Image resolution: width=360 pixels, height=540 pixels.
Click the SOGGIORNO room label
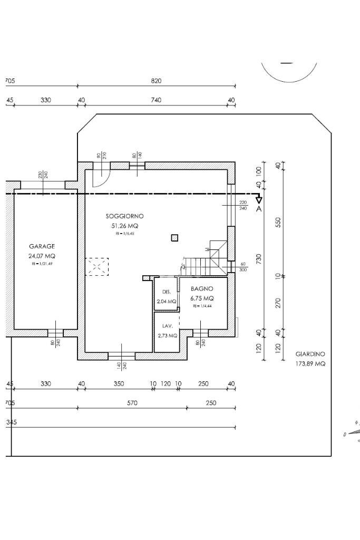pos(124,216)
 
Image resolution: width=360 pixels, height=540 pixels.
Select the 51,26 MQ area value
pos(124,226)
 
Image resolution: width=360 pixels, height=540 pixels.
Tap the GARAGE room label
pos(42,246)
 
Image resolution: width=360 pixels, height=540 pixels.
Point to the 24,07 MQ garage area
pos(42,256)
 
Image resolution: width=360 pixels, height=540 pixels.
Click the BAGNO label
pos(202,289)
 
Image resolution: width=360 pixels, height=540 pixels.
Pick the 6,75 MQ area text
pos(202,298)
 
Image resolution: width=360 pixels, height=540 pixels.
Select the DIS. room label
pos(167,292)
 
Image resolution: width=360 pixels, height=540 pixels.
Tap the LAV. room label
pos(167,326)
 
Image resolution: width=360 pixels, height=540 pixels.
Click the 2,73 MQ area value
pos(167,335)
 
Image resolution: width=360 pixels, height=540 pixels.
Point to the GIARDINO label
pos(310,354)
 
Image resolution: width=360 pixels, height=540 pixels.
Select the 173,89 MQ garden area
pos(310,364)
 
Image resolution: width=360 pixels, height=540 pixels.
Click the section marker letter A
pos(259,209)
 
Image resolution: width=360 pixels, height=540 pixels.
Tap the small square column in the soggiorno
pos(174,238)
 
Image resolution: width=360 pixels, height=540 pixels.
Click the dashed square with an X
pos(97,267)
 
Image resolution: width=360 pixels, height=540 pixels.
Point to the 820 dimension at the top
pos(156,81)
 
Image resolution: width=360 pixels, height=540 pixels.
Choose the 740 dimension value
pos(156,100)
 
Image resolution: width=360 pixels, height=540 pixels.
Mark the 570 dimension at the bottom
pos(132,403)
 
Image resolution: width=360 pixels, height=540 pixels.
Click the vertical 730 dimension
pos(259,259)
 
